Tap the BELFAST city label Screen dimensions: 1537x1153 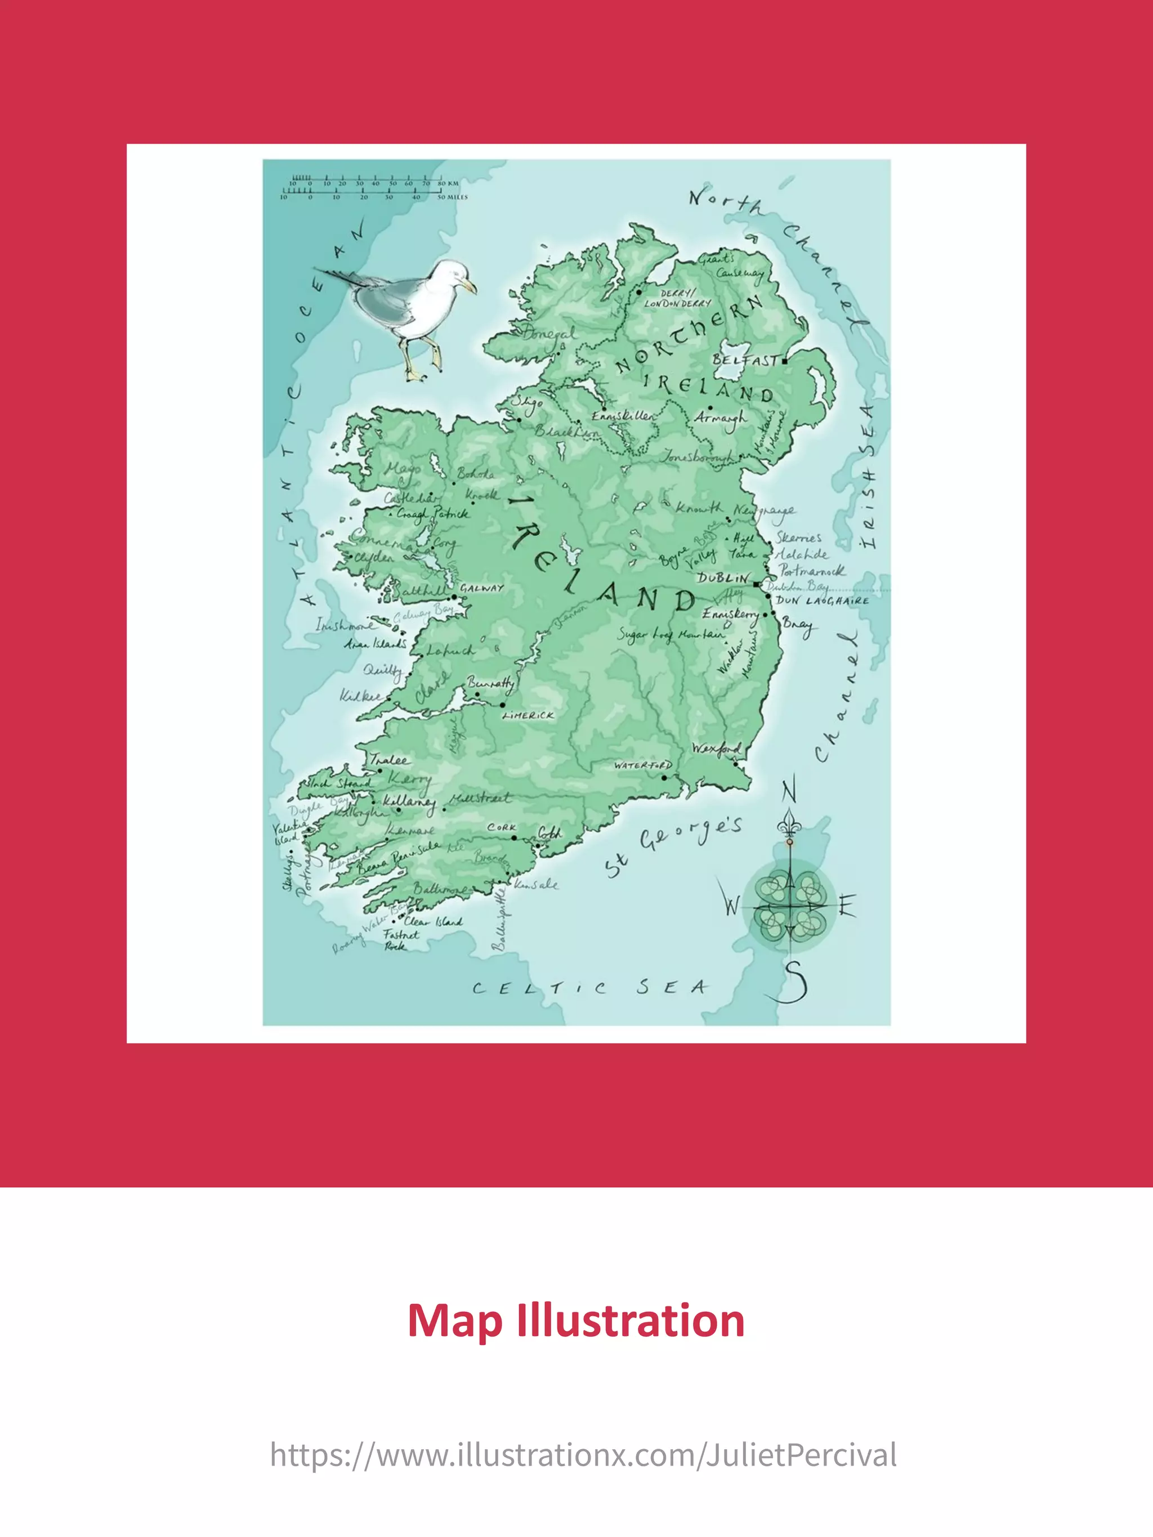744,360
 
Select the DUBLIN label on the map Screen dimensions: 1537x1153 723,578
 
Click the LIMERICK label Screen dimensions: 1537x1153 528,715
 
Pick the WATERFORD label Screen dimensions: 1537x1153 643,765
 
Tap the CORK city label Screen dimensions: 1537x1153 502,827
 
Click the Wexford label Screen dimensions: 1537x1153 716,749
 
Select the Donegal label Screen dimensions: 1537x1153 549,334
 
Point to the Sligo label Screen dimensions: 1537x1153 527,403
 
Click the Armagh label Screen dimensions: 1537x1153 720,418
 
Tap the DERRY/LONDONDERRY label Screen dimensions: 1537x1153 678,298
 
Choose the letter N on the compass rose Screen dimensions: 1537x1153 789,791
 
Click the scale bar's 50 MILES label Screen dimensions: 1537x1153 453,196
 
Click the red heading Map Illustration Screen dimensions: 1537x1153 576,1320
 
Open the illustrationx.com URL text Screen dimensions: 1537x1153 583,1454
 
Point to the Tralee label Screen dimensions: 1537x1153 389,759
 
